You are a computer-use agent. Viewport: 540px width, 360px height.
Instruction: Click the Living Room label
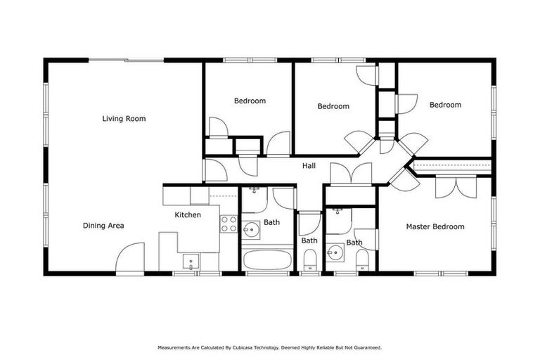(124, 119)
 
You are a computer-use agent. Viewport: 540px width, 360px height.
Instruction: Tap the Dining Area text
(103, 226)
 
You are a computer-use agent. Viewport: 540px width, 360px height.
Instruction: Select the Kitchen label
(188, 215)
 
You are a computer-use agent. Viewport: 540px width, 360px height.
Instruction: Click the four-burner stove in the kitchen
(229, 224)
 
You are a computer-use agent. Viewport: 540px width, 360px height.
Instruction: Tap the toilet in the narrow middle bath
(309, 262)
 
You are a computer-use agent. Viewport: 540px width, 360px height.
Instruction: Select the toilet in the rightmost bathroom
(362, 262)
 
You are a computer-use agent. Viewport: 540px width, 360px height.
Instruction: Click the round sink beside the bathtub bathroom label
(252, 229)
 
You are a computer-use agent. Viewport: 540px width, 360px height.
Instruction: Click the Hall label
(309, 166)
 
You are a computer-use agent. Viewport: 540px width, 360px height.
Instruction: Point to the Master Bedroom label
(435, 226)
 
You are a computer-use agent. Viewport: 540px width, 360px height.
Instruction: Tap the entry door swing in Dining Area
(130, 257)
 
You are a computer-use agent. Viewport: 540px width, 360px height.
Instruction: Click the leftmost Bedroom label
(250, 101)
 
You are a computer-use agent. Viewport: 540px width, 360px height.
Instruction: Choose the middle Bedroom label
(333, 107)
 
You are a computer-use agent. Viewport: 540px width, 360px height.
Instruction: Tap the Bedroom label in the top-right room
(445, 105)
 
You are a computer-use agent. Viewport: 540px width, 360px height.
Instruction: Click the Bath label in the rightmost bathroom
(354, 243)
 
